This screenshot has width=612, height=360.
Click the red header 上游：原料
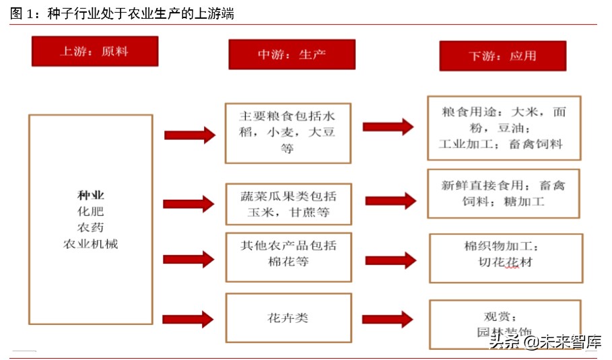94,51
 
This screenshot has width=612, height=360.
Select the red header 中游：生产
292,55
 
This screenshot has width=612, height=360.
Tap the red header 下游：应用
502,56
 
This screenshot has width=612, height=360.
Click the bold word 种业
91,196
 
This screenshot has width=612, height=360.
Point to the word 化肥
91,212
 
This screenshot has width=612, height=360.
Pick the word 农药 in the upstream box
91,228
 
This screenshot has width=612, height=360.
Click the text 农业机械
91,244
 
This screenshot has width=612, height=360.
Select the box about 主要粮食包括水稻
287,133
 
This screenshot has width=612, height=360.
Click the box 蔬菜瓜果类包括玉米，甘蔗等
288,205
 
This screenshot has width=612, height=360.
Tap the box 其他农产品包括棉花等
288,257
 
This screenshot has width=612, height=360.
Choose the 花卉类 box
288,318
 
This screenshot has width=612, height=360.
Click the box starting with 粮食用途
504,128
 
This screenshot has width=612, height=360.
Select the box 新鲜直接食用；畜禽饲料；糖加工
503,194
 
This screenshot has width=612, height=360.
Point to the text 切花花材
505,262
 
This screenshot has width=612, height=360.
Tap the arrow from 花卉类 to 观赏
387,319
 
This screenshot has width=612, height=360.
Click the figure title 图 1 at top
122,13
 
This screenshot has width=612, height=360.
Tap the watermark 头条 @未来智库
545,342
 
